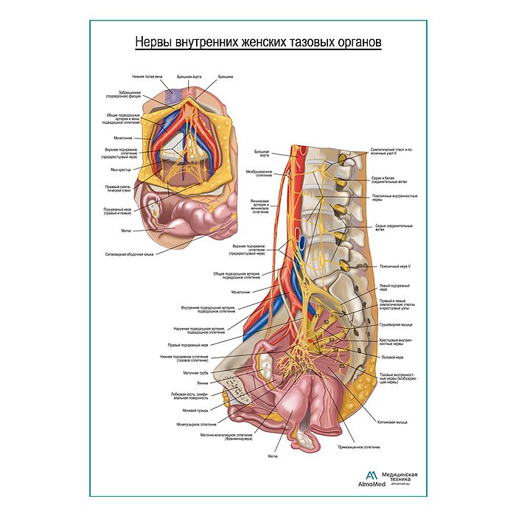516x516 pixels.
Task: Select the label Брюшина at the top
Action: [226, 77]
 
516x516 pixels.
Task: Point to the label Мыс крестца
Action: [120, 170]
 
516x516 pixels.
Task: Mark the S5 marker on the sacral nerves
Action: [342, 366]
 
